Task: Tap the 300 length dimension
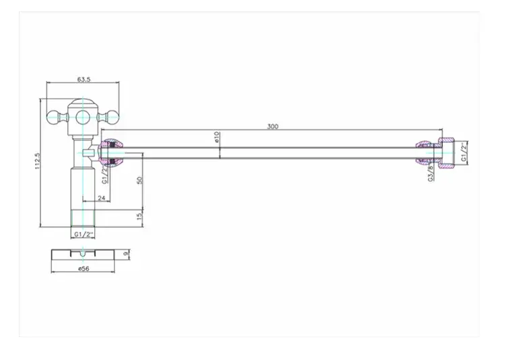tap(272, 126)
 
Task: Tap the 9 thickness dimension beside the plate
tap(126, 253)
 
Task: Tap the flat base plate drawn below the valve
tap(82, 254)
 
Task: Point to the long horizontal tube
tap(269, 152)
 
